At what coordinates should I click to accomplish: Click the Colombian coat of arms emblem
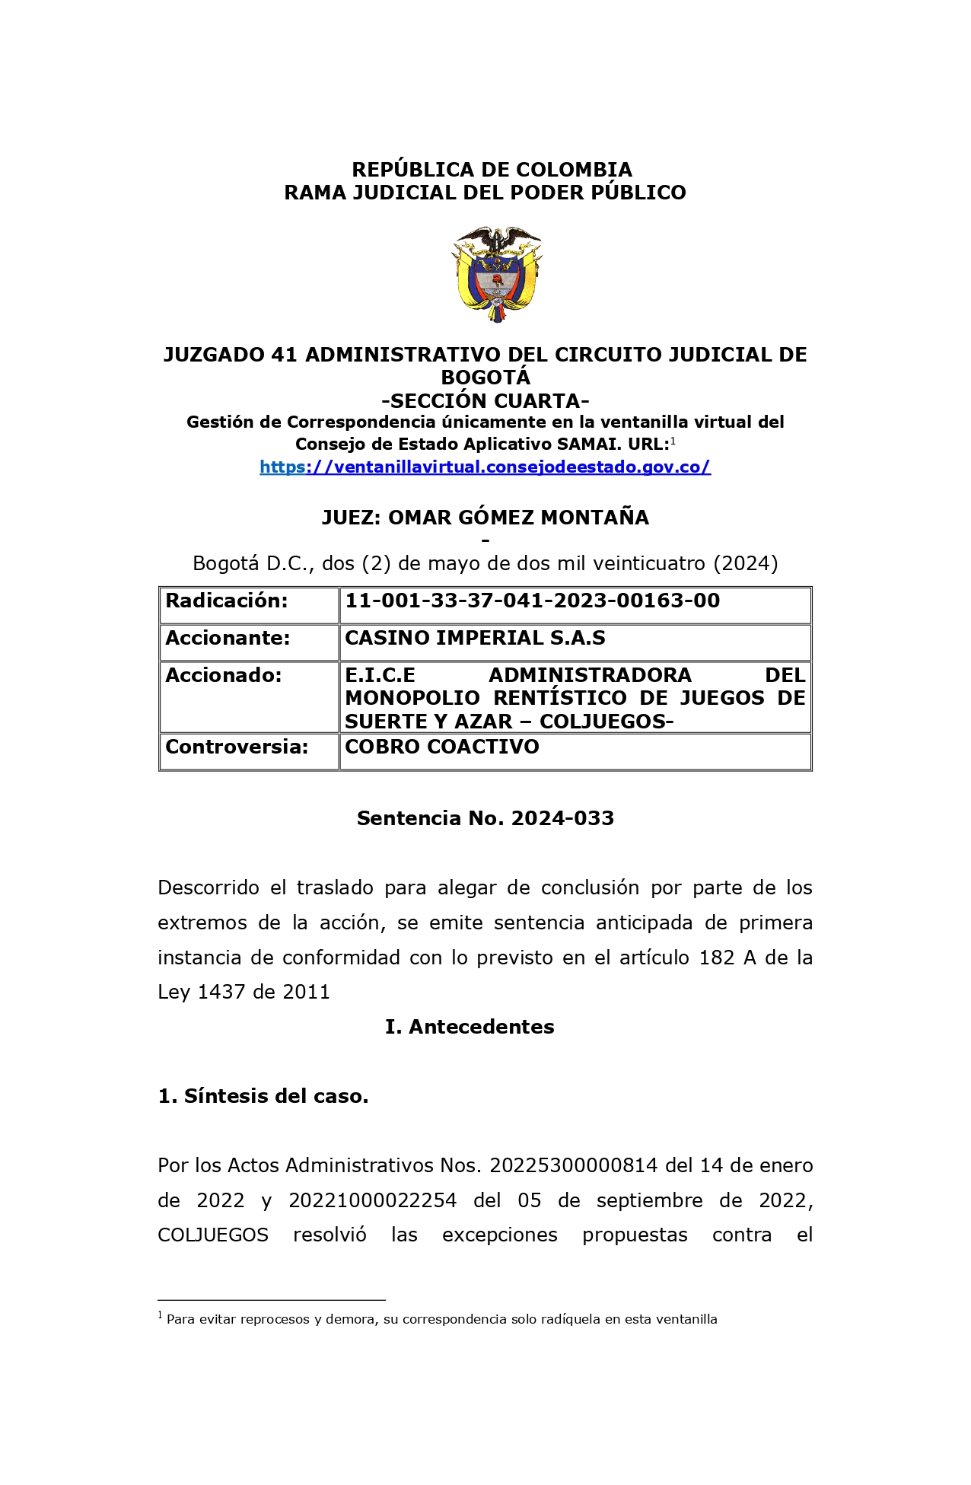[496, 275]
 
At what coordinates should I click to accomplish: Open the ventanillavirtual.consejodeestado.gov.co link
[485, 467]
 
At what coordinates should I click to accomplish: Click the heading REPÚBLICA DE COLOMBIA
[492, 169]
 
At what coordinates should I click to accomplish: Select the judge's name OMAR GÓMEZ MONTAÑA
[518, 518]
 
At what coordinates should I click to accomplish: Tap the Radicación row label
[227, 601]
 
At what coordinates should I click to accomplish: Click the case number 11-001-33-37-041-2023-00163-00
[532, 601]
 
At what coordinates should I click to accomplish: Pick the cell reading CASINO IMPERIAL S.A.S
[475, 639]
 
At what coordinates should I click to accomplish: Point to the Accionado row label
[224, 676]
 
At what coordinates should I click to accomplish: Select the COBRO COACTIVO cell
[442, 747]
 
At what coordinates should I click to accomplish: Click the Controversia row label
[237, 747]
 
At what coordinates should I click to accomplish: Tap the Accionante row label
[228, 639]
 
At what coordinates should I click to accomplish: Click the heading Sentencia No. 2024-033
[485, 818]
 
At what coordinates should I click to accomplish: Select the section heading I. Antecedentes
[470, 1027]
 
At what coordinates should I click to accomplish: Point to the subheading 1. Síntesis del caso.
[263, 1096]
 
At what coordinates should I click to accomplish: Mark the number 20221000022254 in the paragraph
[373, 1200]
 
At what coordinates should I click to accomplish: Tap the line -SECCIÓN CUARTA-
[485, 400]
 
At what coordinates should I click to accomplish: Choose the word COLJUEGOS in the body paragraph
[213, 1235]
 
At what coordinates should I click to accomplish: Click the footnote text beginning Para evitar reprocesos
[441, 1319]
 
